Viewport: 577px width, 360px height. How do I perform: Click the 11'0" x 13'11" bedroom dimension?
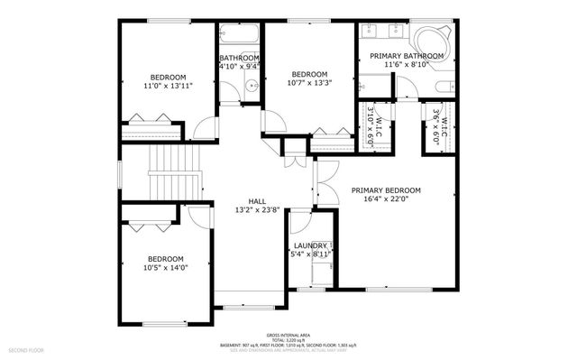pos(169,86)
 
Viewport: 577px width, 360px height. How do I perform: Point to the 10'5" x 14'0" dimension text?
pos(165,267)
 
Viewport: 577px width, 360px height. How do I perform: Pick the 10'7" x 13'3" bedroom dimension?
pos(308,83)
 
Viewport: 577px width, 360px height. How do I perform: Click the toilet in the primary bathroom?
pos(446,88)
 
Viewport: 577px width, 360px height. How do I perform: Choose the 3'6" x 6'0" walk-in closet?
pos(439,126)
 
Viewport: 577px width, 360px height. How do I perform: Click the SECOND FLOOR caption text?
pos(27,349)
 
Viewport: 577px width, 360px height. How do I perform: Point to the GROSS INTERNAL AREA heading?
pos(288,334)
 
